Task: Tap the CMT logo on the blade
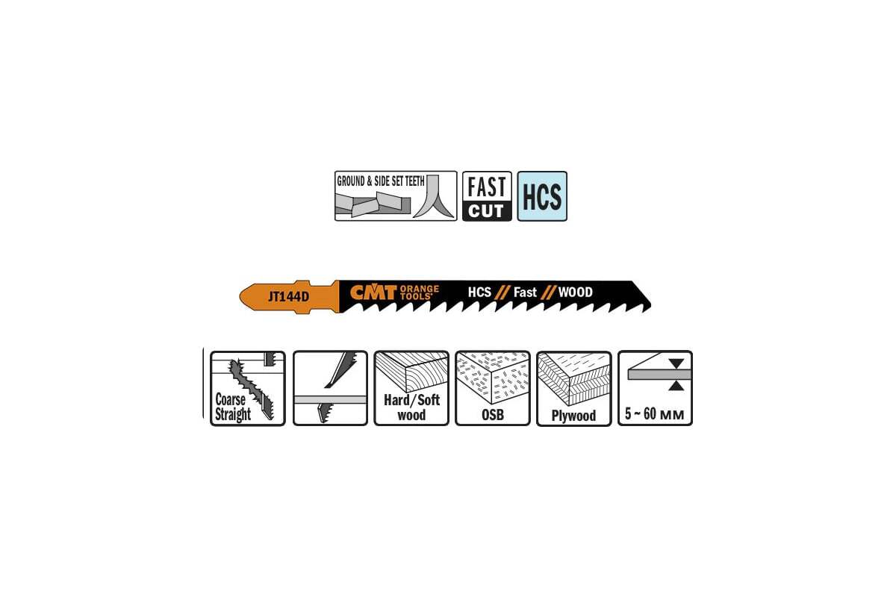tap(373, 292)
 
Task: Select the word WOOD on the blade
tap(575, 292)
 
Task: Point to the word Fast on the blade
tap(525, 292)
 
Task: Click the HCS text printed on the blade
tap(479, 292)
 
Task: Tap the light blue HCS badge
tap(542, 196)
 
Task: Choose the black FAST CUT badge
tap(488, 196)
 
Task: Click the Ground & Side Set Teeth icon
tap(396, 196)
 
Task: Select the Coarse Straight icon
tap(248, 388)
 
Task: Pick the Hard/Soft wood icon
tap(411, 388)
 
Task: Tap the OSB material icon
tap(493, 388)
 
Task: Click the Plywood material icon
tap(573, 388)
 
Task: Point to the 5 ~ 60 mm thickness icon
tap(655, 388)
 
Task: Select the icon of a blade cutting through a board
tap(330, 388)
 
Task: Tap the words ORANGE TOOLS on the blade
tap(420, 291)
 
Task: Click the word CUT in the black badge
tap(487, 211)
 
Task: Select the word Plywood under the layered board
tap(573, 416)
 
